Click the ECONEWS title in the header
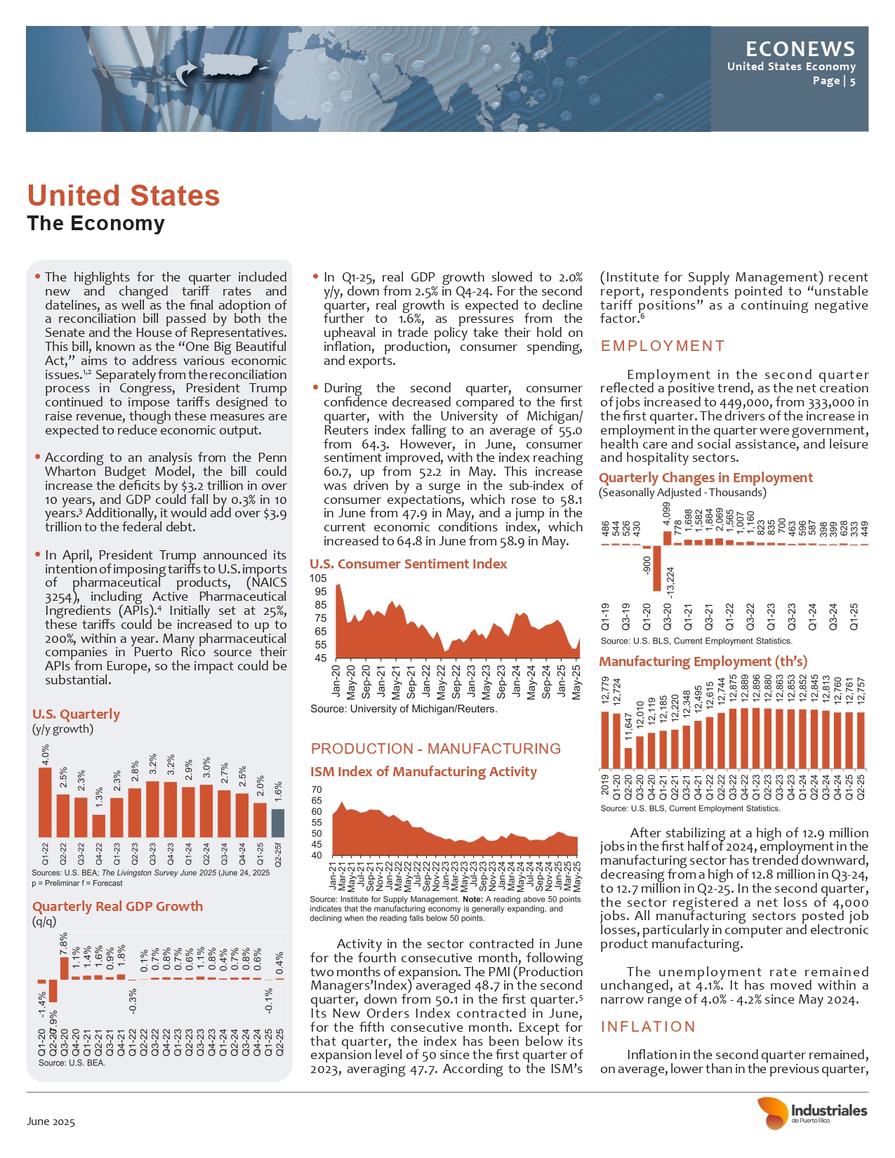click(800, 48)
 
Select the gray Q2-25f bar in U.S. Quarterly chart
click(278, 823)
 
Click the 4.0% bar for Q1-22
click(45, 802)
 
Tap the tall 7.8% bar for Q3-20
click(65, 968)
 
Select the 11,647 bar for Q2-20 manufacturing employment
click(628, 758)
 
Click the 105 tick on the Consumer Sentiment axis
click(318, 578)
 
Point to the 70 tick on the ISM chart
click(317, 790)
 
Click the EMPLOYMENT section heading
click(662, 346)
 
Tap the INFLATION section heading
click(647, 1027)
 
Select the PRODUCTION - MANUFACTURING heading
click(436, 748)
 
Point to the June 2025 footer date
click(51, 1122)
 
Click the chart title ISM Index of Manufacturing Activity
click(423, 771)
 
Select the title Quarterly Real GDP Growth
click(117, 906)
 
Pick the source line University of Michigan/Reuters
click(404, 709)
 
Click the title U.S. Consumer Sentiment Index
click(408, 564)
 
